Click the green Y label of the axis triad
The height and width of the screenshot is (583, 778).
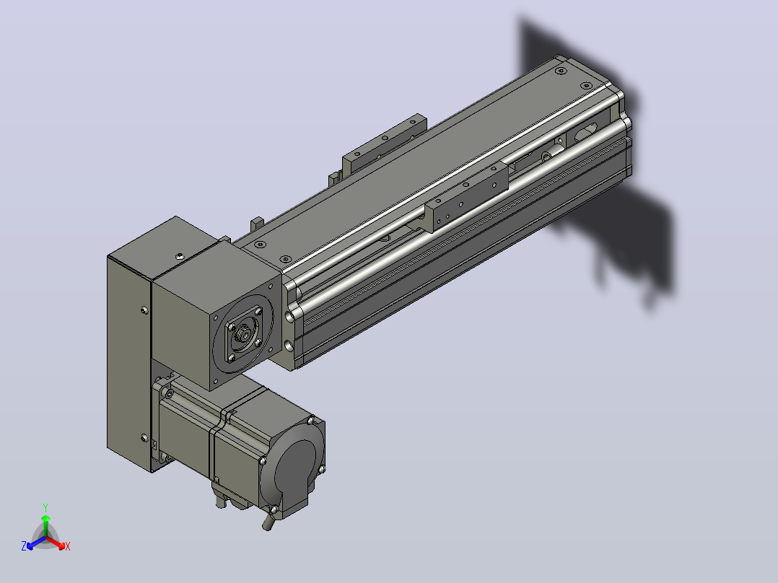point(45,507)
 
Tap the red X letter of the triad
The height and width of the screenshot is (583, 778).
point(68,546)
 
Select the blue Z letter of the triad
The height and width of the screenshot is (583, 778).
point(23,545)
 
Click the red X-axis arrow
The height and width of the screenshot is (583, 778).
point(56,543)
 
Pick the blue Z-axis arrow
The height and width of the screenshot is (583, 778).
point(36,543)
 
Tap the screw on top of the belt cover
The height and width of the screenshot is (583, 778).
point(179,256)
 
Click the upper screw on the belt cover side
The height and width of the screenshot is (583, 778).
point(144,310)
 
